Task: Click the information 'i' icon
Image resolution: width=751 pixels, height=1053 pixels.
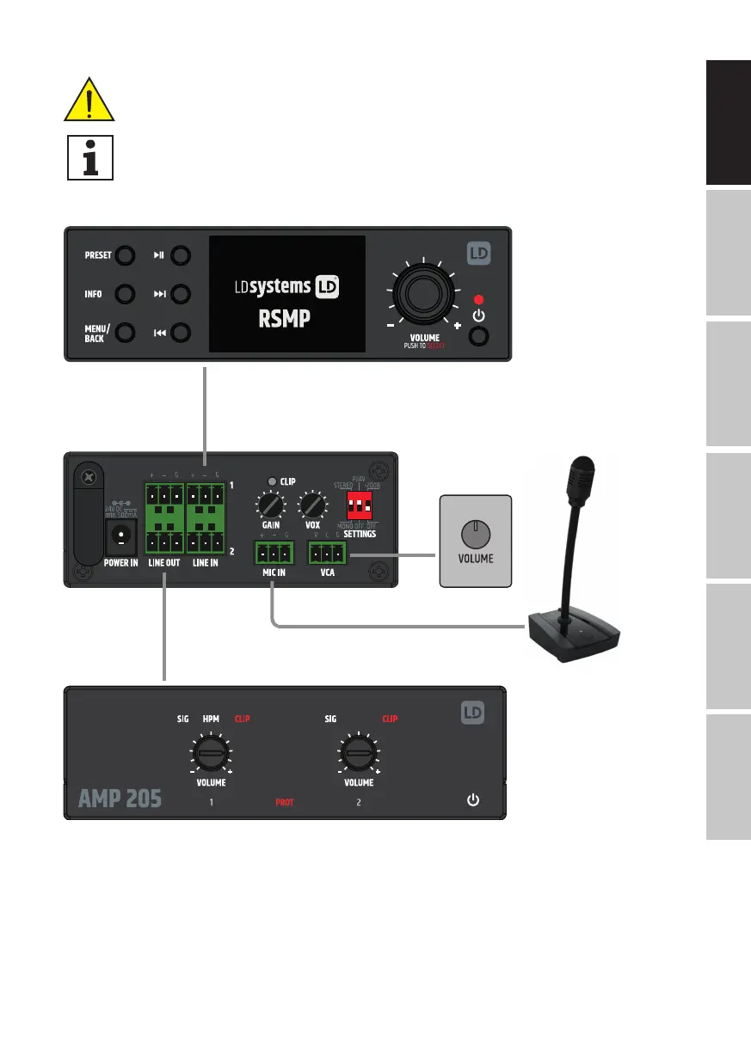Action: [89, 156]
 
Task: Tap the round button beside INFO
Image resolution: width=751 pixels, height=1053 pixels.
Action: [125, 294]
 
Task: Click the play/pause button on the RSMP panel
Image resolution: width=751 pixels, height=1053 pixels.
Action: [181, 255]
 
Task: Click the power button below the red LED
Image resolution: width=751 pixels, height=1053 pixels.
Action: [479, 334]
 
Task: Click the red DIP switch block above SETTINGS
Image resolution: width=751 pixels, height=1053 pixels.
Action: [360, 502]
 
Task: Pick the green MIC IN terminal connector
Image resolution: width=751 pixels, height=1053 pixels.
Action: [272, 552]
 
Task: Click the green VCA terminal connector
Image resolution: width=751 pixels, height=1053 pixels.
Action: [328, 552]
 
